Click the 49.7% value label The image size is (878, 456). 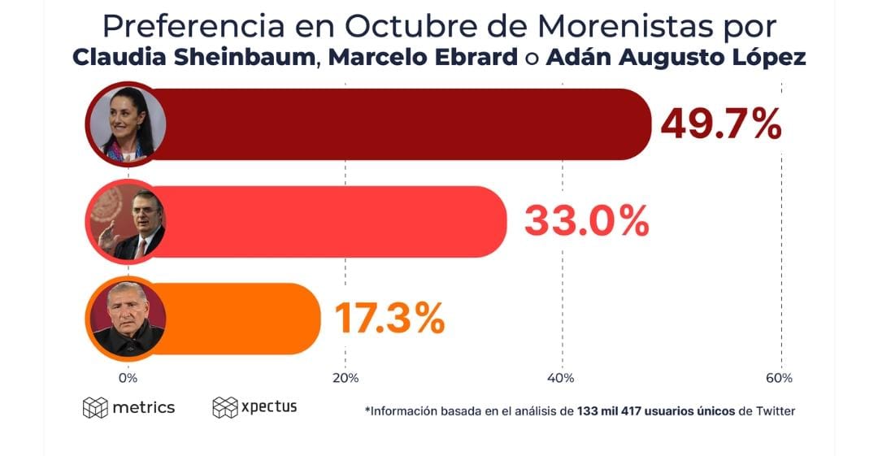click(x=720, y=124)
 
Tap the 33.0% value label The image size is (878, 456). click(x=586, y=221)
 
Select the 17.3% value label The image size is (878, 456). click(x=389, y=318)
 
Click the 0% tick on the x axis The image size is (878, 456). click(x=128, y=378)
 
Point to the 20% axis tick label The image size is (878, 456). click(x=346, y=378)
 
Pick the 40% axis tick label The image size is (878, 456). click(x=562, y=378)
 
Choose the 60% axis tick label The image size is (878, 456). click(x=779, y=378)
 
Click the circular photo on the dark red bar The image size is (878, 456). click(x=126, y=124)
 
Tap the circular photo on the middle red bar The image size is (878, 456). click(x=126, y=221)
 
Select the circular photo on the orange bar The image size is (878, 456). click(x=126, y=319)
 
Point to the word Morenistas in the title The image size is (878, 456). click(x=624, y=26)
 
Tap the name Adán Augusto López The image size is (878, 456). click(x=676, y=59)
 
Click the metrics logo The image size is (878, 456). click(x=128, y=407)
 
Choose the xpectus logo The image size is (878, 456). click(x=254, y=406)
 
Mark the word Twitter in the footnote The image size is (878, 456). click(x=776, y=411)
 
